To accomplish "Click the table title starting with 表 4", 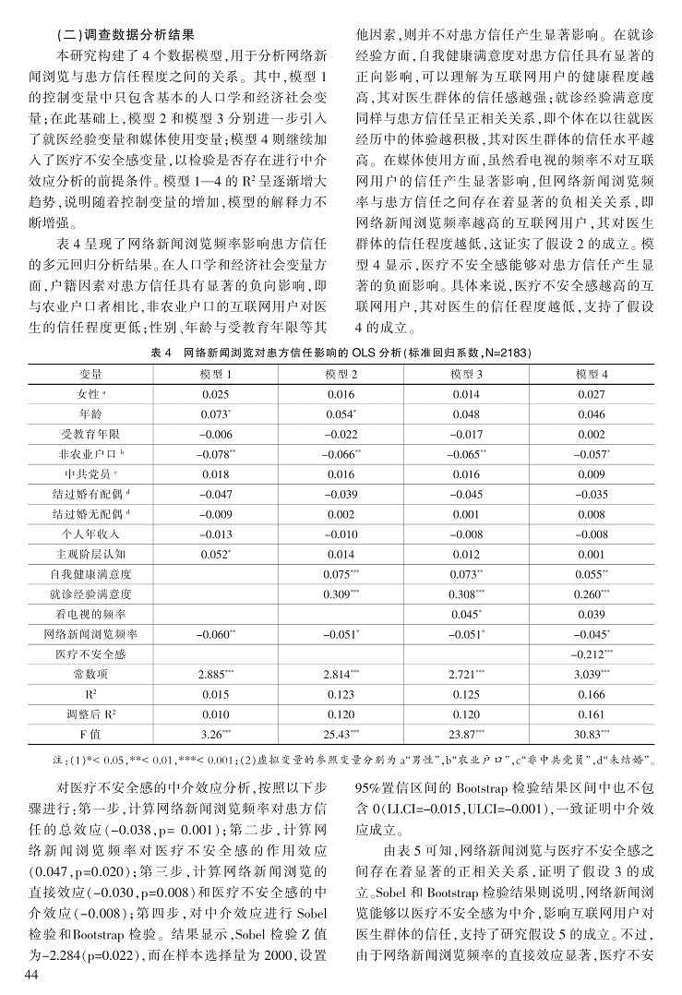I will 341,353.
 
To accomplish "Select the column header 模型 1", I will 216,373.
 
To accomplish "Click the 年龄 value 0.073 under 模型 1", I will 214,413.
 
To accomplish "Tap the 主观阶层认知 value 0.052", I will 214,554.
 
